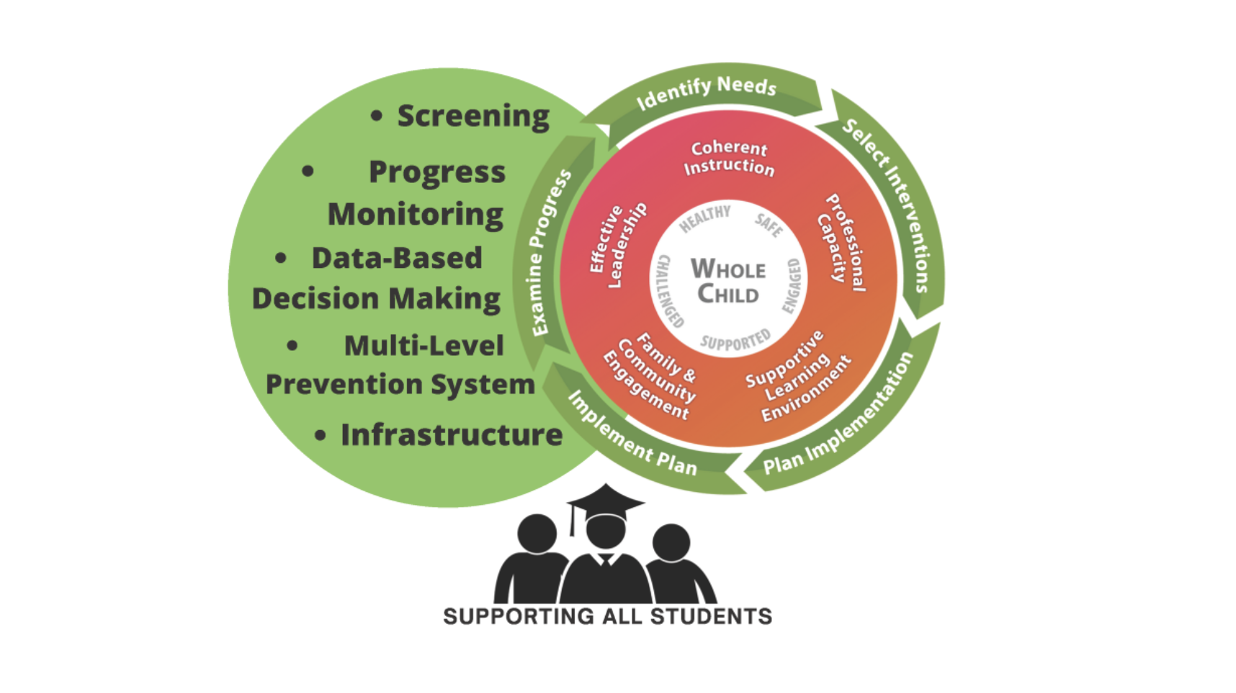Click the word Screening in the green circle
pyautogui.click(x=473, y=116)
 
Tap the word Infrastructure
pyautogui.click(x=452, y=434)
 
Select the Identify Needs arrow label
pyautogui.click(x=707, y=92)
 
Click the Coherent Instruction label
pyautogui.click(x=729, y=158)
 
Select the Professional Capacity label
pyautogui.click(x=842, y=241)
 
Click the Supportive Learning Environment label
pyautogui.click(x=797, y=377)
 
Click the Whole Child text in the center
pyautogui.click(x=728, y=282)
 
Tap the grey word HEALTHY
pyautogui.click(x=705, y=218)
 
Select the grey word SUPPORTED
pyautogui.click(x=735, y=340)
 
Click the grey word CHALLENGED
pyautogui.click(x=668, y=291)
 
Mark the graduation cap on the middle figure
pyautogui.click(x=605, y=499)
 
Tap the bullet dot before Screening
pyautogui.click(x=376, y=115)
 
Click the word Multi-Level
pyautogui.click(x=424, y=346)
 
